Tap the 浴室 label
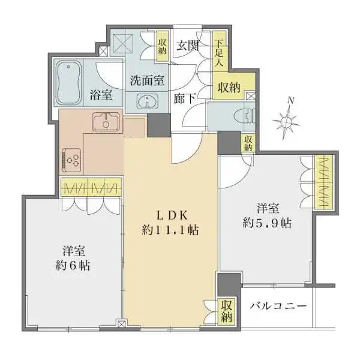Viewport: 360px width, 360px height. (100, 94)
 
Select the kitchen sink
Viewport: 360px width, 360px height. (107, 122)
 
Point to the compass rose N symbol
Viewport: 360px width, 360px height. (287, 121)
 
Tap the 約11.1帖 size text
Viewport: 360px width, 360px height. (170, 230)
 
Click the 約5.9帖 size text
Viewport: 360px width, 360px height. (268, 223)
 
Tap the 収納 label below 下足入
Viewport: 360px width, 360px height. (230, 87)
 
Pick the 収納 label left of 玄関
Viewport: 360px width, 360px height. (163, 46)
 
